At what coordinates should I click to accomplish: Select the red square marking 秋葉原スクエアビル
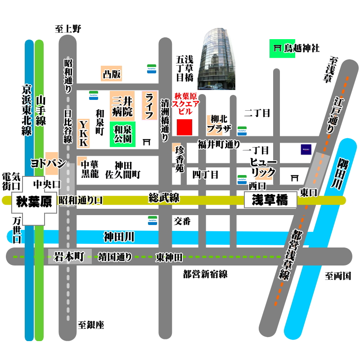[x=184, y=127]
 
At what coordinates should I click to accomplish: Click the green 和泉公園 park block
[x=122, y=135]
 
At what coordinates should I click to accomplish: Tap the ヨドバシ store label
[x=48, y=163]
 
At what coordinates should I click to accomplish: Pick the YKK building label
[x=84, y=133]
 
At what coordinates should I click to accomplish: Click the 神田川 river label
[x=119, y=236]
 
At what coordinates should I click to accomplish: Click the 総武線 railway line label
[x=164, y=198]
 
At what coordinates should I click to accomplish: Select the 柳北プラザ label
[x=219, y=124]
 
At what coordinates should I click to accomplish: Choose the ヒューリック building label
[x=263, y=167]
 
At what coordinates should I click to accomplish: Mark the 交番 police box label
[x=183, y=221]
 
